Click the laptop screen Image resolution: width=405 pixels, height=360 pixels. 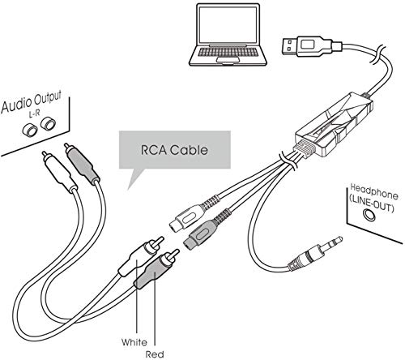pyautogui.click(x=228, y=25)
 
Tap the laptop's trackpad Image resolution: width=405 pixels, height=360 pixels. pyautogui.click(x=228, y=60)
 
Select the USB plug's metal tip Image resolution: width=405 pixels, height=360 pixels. pyautogui.click(x=290, y=45)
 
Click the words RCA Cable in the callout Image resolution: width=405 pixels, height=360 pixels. pyautogui.click(x=174, y=150)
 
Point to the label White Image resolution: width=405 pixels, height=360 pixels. pyautogui.click(x=134, y=342)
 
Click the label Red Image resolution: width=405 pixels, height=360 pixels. pyautogui.click(x=155, y=354)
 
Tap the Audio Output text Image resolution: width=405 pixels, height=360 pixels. pyautogui.click(x=32, y=102)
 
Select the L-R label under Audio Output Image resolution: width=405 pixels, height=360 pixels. pyautogui.click(x=34, y=114)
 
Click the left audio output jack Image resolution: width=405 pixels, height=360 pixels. pyautogui.click(x=29, y=130)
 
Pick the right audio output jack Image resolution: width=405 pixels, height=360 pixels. pyautogui.click(x=48, y=123)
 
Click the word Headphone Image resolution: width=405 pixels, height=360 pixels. pyautogui.click(x=374, y=191)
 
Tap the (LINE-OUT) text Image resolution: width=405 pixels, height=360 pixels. pyautogui.click(x=371, y=204)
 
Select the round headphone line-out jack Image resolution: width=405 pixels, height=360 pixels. pyautogui.click(x=369, y=215)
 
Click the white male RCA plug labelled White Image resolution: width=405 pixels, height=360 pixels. pyautogui.click(x=140, y=256)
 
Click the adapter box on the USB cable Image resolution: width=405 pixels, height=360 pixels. pyautogui.click(x=335, y=124)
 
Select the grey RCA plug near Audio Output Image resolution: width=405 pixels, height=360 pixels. pyautogui.click(x=82, y=164)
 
